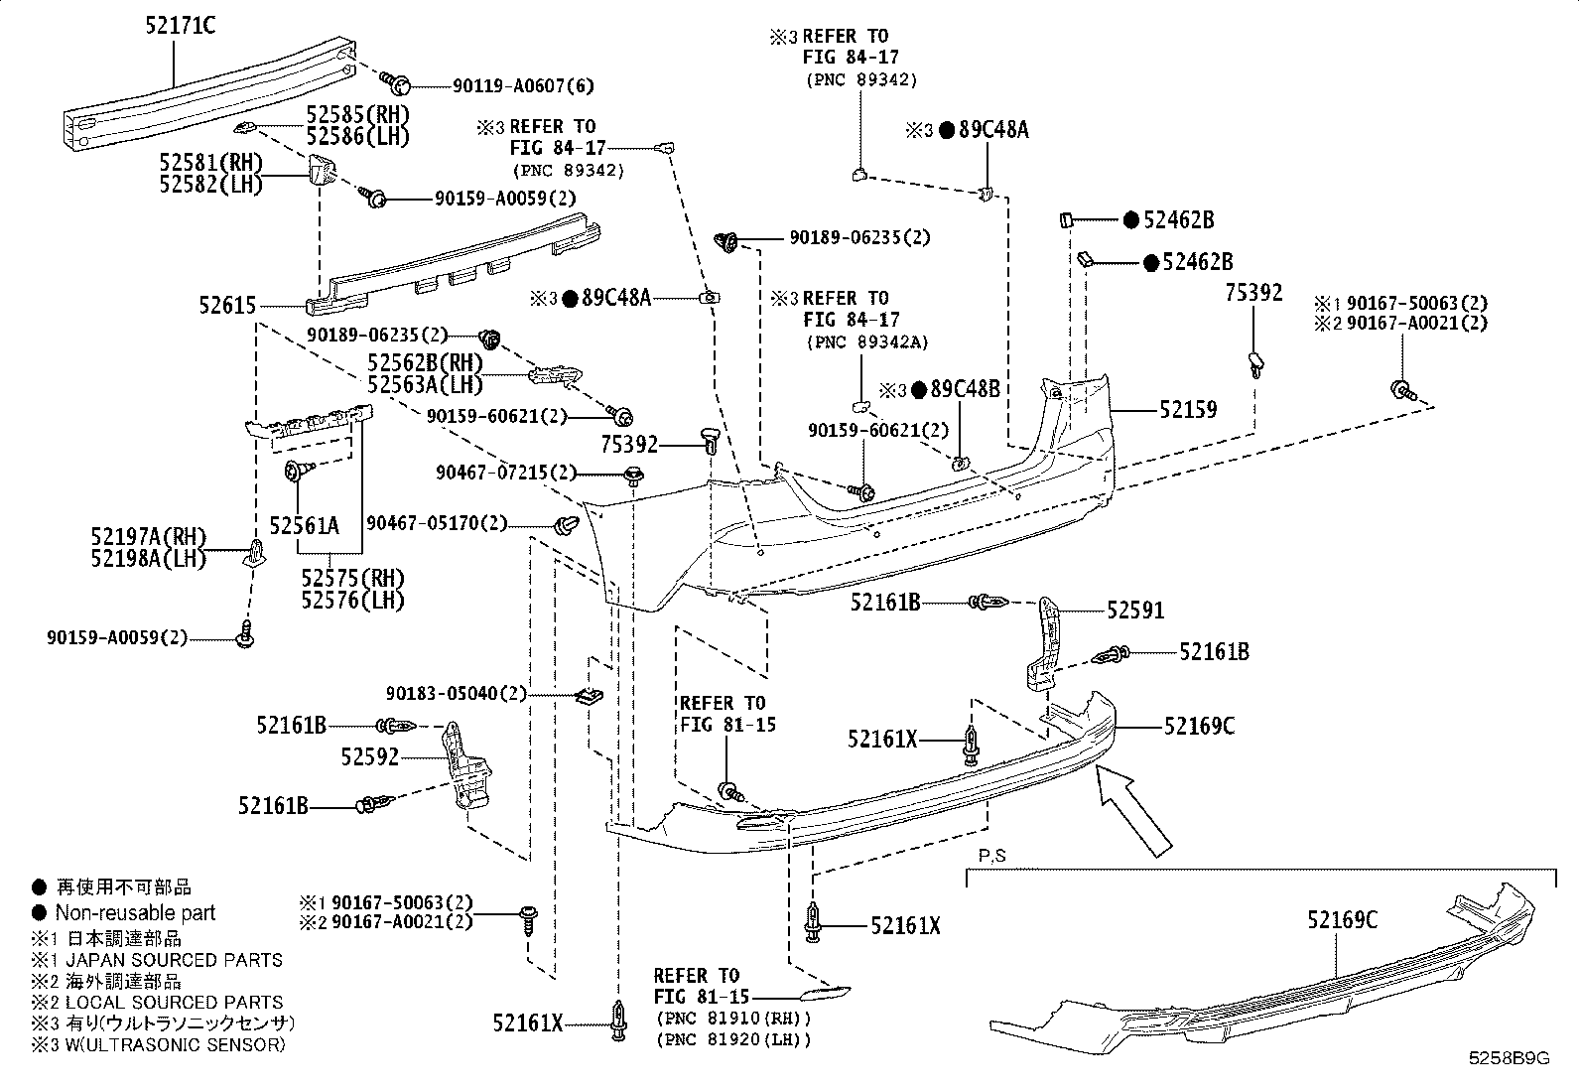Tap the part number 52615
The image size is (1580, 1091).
227,307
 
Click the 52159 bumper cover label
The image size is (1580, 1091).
1187,409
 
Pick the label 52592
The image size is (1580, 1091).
369,757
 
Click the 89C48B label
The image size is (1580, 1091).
965,389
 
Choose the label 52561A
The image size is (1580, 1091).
304,526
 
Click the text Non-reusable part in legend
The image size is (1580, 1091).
135,912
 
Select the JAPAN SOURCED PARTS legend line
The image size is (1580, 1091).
169,960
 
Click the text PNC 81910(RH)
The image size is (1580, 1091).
732,1019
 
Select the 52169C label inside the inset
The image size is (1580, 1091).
1342,920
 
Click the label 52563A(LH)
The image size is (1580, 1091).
425,384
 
